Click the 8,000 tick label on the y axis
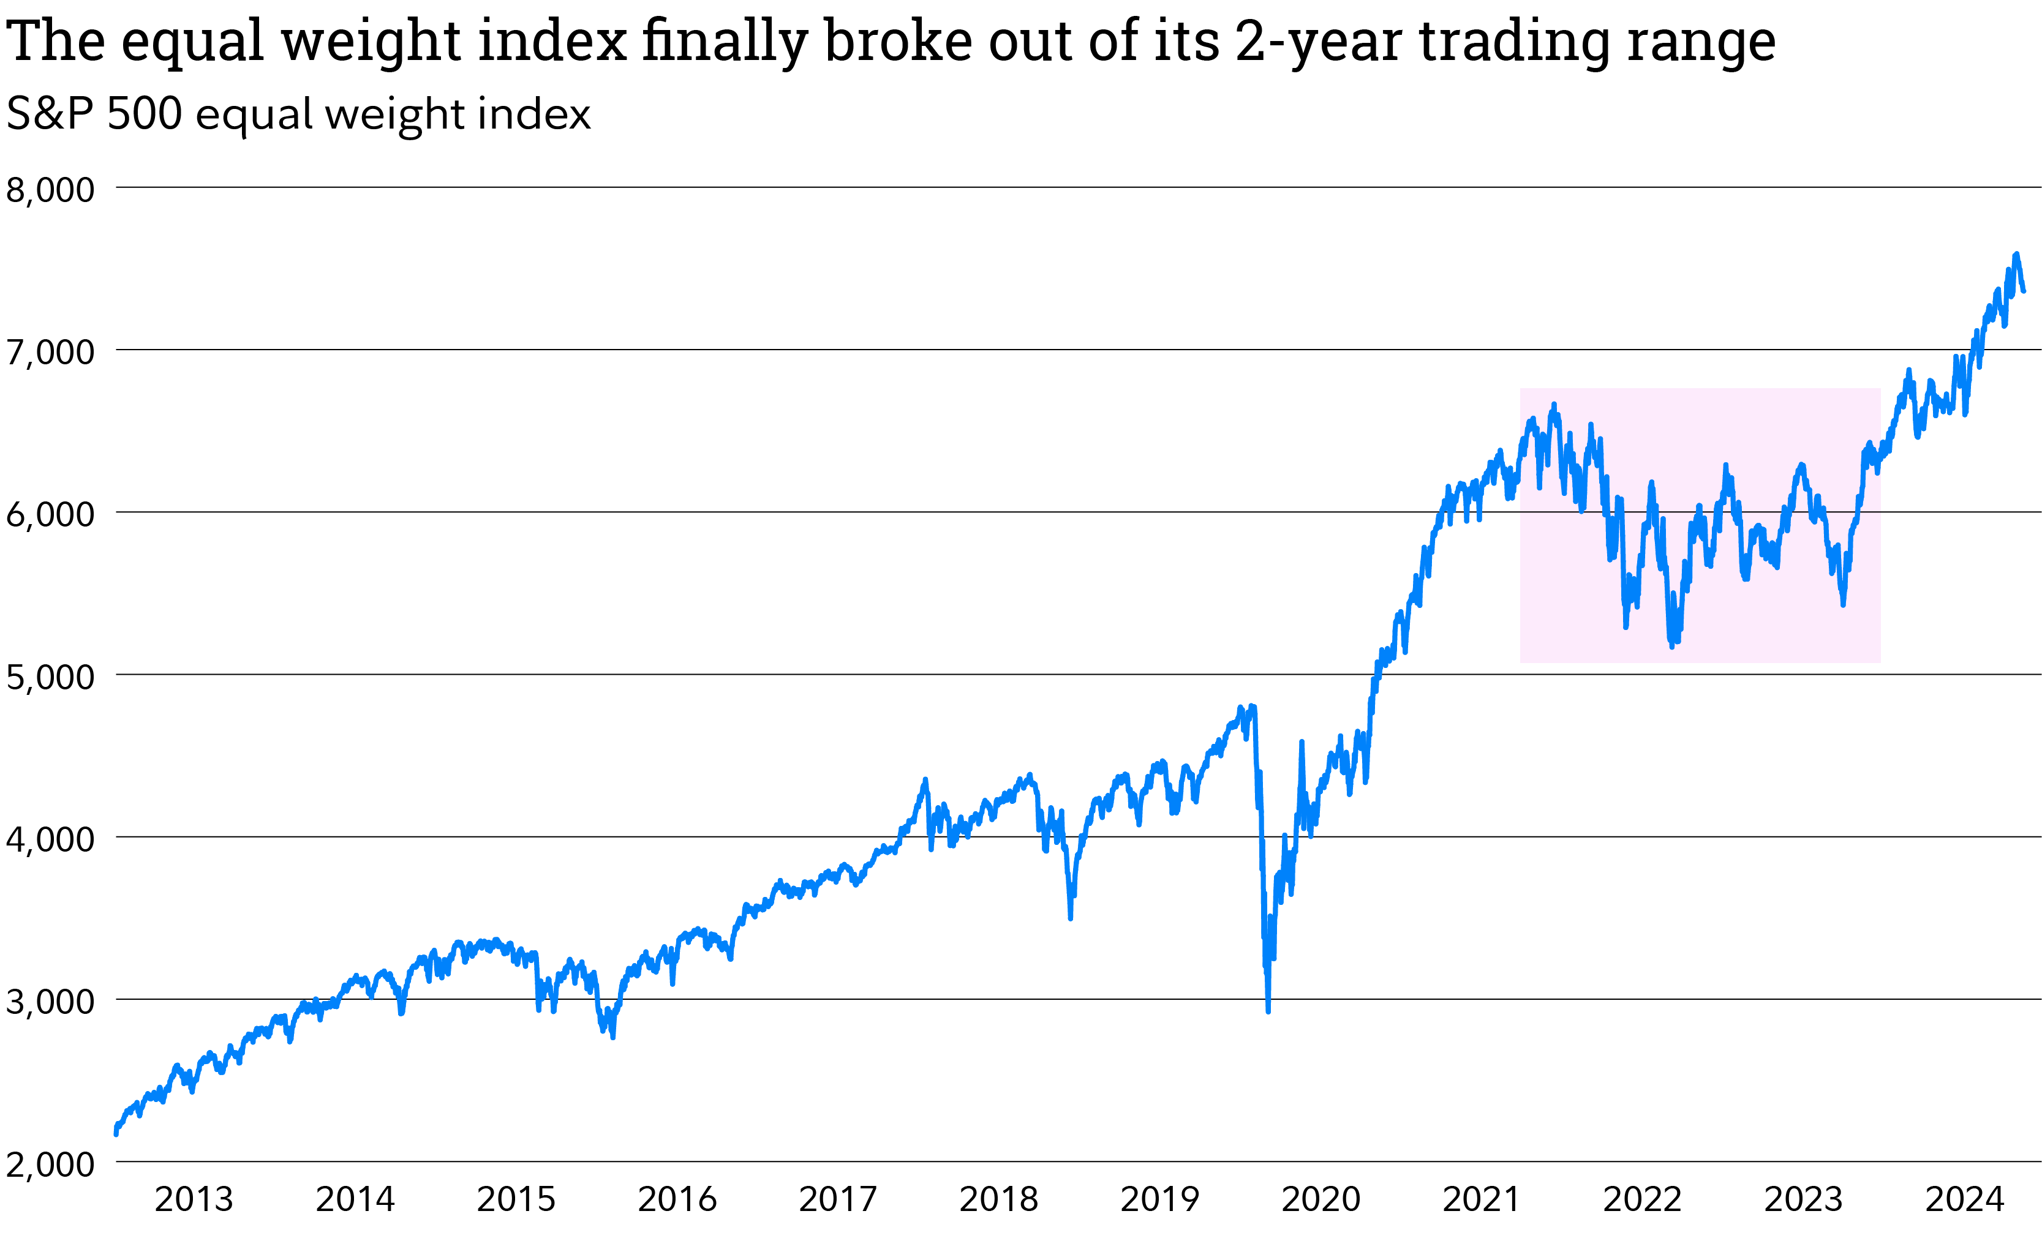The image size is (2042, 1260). [50, 190]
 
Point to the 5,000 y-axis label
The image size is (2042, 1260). [50, 677]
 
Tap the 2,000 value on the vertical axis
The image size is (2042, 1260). [50, 1164]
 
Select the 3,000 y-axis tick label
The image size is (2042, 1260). [50, 1002]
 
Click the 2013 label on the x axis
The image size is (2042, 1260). [194, 1200]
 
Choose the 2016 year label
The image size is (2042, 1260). [677, 1200]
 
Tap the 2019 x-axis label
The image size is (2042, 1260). [1159, 1200]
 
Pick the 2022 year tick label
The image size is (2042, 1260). [1642, 1200]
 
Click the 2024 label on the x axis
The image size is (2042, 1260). [1964, 1200]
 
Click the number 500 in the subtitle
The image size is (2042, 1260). [144, 113]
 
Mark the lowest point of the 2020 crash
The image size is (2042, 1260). [1268, 1011]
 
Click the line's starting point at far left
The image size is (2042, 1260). [116, 1133]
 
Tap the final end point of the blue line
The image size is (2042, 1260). [2024, 291]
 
